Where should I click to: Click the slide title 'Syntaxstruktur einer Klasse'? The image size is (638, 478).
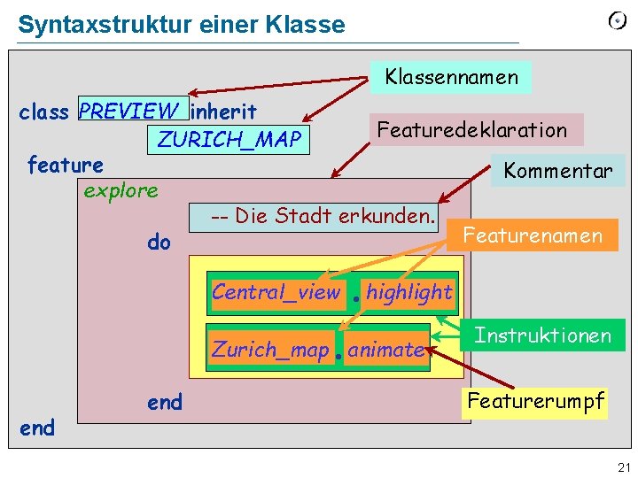pyautogui.click(x=181, y=25)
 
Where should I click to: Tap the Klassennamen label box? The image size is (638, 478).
pyautogui.click(x=451, y=77)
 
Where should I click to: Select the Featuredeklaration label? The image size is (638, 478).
pyautogui.click(x=471, y=129)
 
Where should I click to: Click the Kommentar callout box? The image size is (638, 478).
pyautogui.click(x=557, y=171)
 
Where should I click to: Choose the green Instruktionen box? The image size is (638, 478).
pyautogui.click(x=542, y=335)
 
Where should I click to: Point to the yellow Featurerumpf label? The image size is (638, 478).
pyautogui.click(x=535, y=401)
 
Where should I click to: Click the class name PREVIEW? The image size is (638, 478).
pyautogui.click(x=128, y=111)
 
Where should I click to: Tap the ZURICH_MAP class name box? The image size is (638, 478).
pyautogui.click(x=229, y=139)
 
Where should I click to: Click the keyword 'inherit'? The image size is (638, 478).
pyautogui.click(x=224, y=112)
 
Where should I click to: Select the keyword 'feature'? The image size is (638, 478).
pyautogui.click(x=65, y=165)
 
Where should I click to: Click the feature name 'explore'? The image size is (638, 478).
pyautogui.click(x=121, y=190)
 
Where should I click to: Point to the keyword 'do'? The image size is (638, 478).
pyautogui.click(x=159, y=242)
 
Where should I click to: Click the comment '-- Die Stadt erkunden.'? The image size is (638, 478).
pyautogui.click(x=323, y=215)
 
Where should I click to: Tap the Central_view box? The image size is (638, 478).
pyautogui.click(x=276, y=292)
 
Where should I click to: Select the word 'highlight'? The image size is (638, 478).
pyautogui.click(x=408, y=292)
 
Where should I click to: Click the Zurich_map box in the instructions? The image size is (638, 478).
pyautogui.click(x=270, y=350)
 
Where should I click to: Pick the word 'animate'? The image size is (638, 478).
pyautogui.click(x=385, y=350)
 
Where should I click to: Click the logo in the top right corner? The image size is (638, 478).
pyautogui.click(x=617, y=21)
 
